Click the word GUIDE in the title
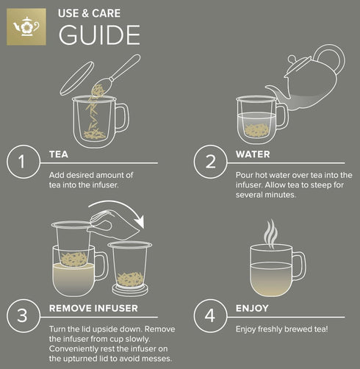[99, 35]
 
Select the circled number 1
[22, 162]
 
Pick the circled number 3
[22, 316]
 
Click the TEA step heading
[59, 155]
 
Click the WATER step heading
[252, 155]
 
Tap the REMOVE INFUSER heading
[93, 309]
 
